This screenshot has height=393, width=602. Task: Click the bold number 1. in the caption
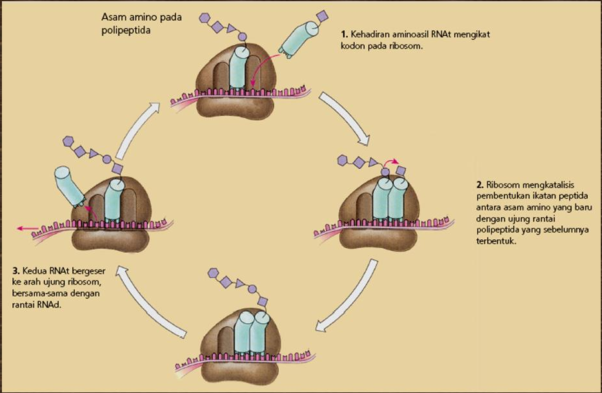[345, 34]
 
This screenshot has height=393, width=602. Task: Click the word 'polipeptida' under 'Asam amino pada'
[123, 30]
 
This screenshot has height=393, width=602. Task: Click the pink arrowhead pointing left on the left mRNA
[21, 228]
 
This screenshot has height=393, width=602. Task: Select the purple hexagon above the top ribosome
[205, 18]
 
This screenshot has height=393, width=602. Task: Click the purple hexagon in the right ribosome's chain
[343, 158]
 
